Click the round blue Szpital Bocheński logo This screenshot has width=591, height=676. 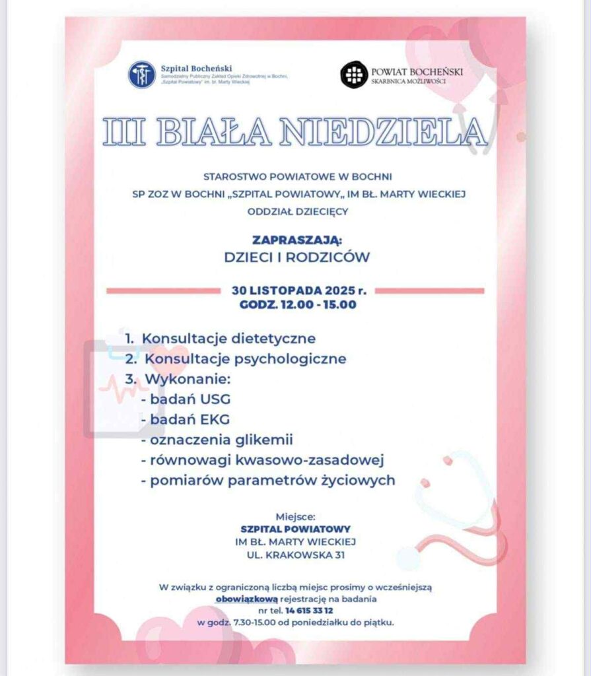pyautogui.click(x=142, y=75)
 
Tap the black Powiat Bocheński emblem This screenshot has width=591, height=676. pyautogui.click(x=354, y=74)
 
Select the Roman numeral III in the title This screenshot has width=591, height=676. pyautogui.click(x=125, y=132)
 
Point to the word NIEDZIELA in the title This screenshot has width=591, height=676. pyautogui.click(x=382, y=132)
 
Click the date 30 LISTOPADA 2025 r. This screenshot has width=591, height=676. pyautogui.click(x=298, y=290)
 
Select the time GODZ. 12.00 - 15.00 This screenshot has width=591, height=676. pyautogui.click(x=298, y=304)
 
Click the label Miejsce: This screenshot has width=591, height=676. pyautogui.click(x=295, y=516)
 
